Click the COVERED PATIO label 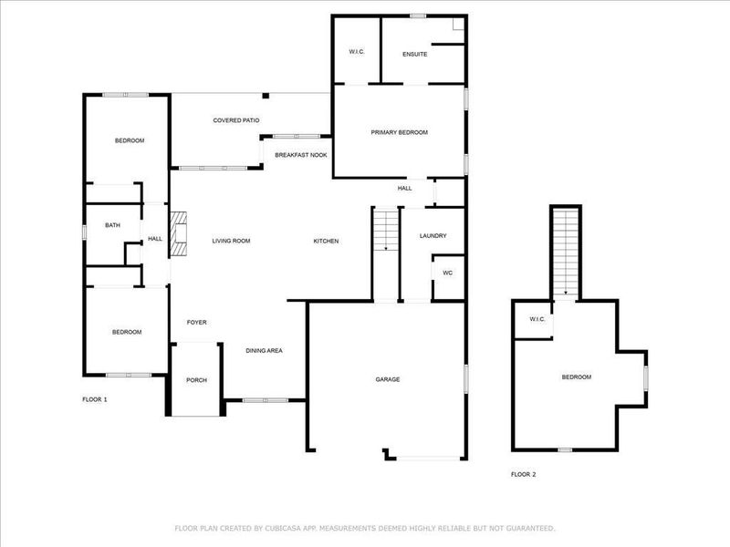(236, 120)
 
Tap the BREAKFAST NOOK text (301, 155)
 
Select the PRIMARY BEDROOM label (399, 133)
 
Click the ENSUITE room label (415, 54)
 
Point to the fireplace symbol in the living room (177, 234)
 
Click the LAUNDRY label (433, 236)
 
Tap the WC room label (447, 273)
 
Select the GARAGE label (388, 379)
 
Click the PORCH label (196, 380)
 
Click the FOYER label (196, 323)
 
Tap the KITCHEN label (326, 241)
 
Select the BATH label (112, 225)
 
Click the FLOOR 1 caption (95, 399)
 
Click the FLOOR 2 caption (523, 474)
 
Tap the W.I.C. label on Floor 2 (537, 318)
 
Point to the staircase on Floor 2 (565, 252)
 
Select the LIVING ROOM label (231, 241)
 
